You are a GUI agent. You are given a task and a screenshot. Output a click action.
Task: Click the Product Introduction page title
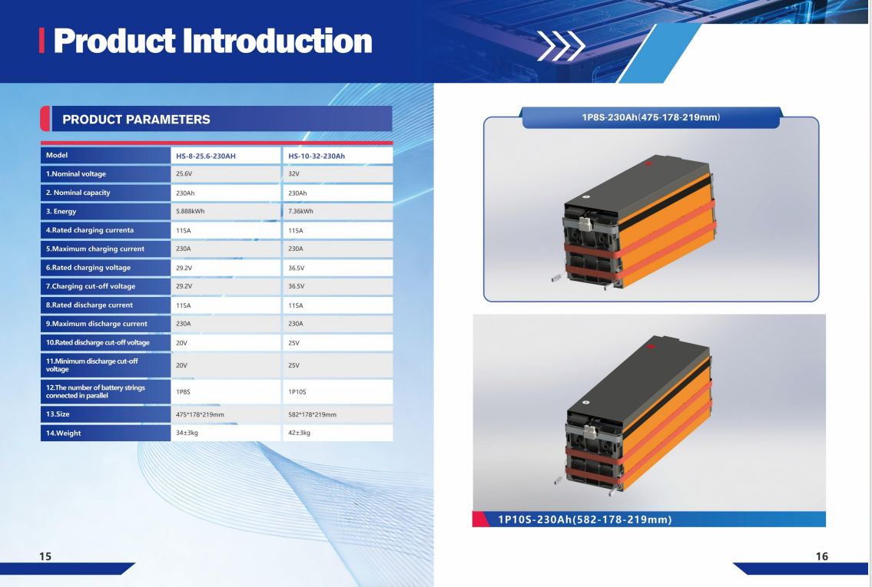coord(213,41)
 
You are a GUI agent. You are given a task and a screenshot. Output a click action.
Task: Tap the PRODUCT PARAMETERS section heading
coord(136,120)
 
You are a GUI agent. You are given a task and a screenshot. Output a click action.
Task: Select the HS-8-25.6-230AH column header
coord(206,156)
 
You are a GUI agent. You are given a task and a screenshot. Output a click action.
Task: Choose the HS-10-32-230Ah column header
coord(317,156)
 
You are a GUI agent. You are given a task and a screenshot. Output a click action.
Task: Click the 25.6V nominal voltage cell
coord(184,174)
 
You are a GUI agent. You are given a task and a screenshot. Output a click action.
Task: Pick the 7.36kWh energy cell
coord(301,211)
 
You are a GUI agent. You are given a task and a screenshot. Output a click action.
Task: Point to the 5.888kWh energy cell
coord(191,211)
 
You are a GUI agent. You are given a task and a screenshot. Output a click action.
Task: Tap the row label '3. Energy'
coord(61,211)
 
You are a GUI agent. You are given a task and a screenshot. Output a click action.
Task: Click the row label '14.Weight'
coord(64,434)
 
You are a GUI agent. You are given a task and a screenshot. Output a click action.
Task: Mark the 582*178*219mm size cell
coord(312,414)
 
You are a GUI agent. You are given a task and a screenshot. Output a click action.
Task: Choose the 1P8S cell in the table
coord(183,392)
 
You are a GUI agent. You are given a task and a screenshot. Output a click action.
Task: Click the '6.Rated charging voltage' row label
coord(88,268)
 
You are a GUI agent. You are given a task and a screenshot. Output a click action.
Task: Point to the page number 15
coord(45,556)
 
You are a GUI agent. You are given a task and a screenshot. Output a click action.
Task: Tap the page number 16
coord(821,556)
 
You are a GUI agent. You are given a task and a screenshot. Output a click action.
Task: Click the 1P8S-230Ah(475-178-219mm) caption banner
coord(651,117)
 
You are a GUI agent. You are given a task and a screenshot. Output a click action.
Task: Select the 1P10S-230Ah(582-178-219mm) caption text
coord(585,519)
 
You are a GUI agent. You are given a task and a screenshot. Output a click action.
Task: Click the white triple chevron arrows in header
coord(561,45)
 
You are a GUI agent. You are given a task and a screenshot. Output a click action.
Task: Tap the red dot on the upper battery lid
coord(648,163)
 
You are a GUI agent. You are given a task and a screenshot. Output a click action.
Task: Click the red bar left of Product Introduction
coord(41,41)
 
